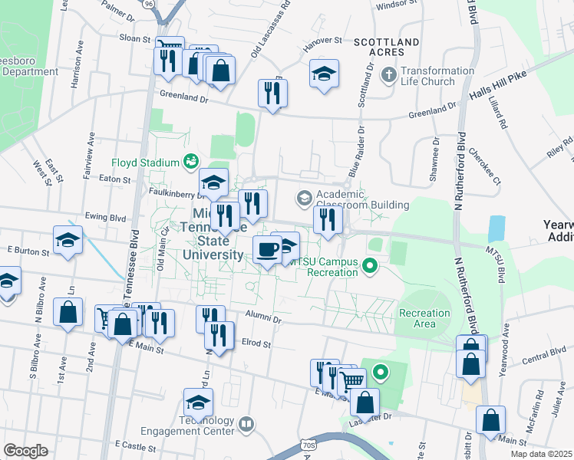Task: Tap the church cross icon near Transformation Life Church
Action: [389, 75]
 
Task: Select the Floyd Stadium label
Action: [145, 162]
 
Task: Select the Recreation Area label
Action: [424, 318]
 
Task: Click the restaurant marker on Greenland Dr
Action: [272, 93]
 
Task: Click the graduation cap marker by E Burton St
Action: [68, 240]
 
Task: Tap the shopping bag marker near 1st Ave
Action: [68, 312]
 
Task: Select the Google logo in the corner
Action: [25, 450]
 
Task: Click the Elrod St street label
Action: [256, 344]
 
